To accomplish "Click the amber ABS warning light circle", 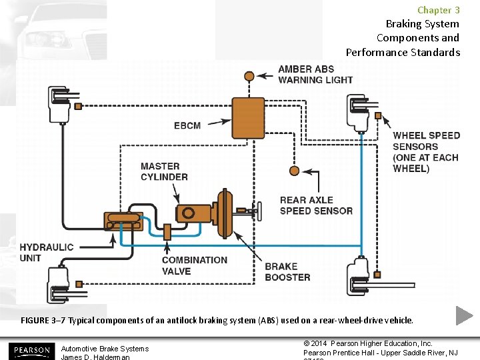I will click(x=249, y=76).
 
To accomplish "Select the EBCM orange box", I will click(x=248, y=117).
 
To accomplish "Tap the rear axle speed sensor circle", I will click(x=294, y=171).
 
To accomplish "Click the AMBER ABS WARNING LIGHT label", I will click(x=315, y=75).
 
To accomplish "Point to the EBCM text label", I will click(x=187, y=125).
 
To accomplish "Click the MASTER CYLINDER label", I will click(x=164, y=171).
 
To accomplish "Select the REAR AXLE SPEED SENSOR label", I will click(x=316, y=205).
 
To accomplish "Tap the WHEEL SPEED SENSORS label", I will click(x=426, y=152).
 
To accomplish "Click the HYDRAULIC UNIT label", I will click(x=47, y=252).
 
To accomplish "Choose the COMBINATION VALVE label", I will click(x=194, y=265).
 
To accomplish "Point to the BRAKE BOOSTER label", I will click(x=287, y=271).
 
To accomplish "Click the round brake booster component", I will click(x=225, y=213).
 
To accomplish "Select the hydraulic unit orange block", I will click(x=123, y=222).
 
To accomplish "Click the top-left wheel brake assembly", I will click(x=59, y=105).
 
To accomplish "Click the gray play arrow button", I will click(x=464, y=315).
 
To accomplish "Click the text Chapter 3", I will click(x=438, y=10).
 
